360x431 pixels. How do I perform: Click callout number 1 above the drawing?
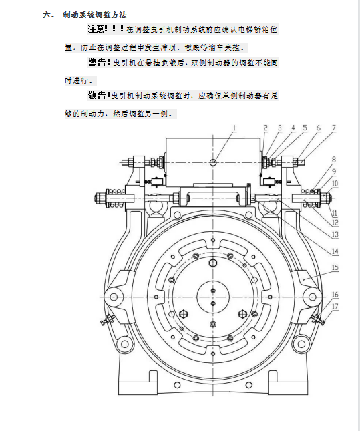click(x=234, y=128)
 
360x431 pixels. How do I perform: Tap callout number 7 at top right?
click(x=334, y=128)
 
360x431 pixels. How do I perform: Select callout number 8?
click(x=334, y=160)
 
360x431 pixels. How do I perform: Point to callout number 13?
click(x=335, y=235)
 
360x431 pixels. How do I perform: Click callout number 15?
click(x=335, y=267)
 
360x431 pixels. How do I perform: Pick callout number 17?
click(x=335, y=307)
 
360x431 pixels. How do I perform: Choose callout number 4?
click(x=293, y=128)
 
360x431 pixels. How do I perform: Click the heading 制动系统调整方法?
click(x=95, y=15)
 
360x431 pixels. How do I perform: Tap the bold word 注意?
click(x=96, y=29)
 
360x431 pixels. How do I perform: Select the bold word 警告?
click(x=96, y=62)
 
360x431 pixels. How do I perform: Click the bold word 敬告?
click(x=96, y=96)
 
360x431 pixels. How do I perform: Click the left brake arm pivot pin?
click(x=114, y=297)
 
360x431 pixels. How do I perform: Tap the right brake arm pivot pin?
click(x=312, y=297)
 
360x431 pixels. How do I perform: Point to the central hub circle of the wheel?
click(x=213, y=297)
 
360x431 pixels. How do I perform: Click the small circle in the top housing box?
click(x=213, y=162)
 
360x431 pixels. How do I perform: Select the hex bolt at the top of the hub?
click(x=213, y=263)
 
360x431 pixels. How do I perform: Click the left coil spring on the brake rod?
click(x=114, y=198)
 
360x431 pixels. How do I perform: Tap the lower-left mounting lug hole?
click(x=124, y=344)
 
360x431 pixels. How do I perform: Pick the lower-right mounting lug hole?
click(x=301, y=344)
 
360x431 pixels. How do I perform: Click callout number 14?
click(x=335, y=251)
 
